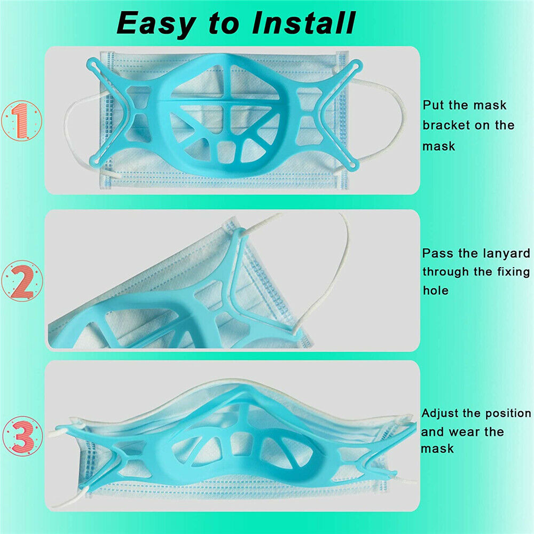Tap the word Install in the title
pos(303,23)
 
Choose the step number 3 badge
pos(22,437)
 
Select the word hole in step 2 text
pos(436,290)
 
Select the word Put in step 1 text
pos(434,105)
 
